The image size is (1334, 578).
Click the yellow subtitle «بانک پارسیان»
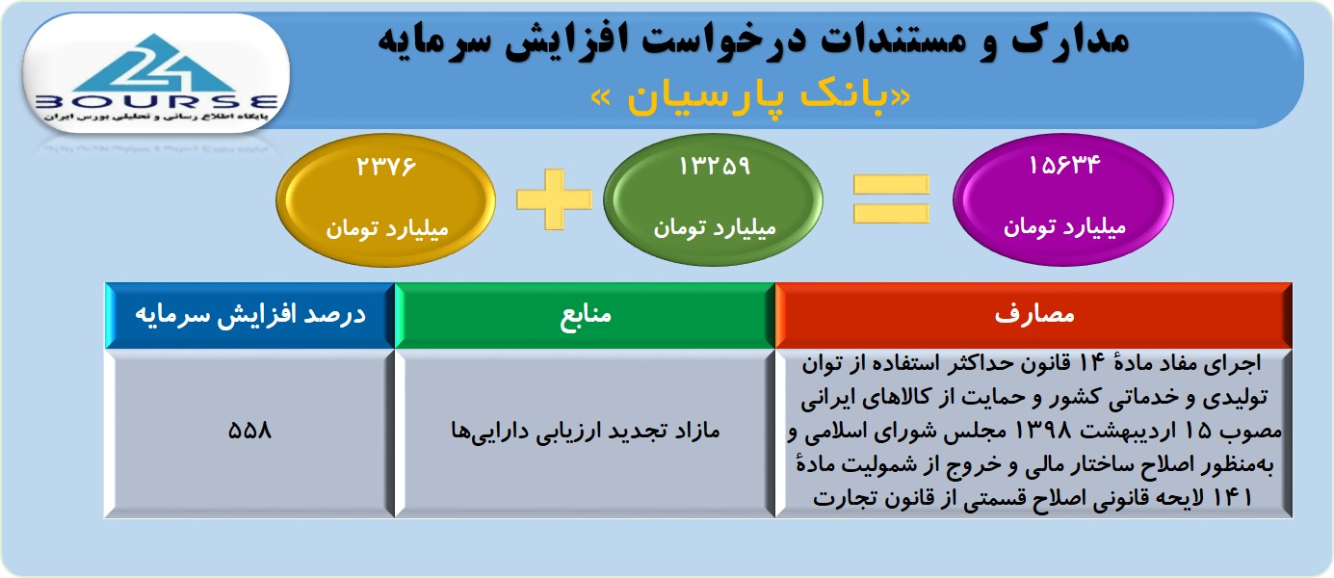point(750,97)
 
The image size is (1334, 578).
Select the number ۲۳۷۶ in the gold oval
point(386,166)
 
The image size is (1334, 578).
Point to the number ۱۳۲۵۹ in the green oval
point(714,166)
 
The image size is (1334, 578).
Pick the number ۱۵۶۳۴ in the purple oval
point(1064,165)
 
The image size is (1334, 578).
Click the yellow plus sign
point(554,199)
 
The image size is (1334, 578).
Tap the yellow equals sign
point(891,199)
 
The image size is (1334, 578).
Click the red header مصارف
point(1033,314)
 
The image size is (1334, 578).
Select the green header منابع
point(586,314)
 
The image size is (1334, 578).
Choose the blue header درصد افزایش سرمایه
point(250,314)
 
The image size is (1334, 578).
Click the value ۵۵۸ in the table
point(249,430)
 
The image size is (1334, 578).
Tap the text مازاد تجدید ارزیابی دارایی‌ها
point(586,431)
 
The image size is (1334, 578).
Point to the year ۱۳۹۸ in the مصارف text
point(1041,430)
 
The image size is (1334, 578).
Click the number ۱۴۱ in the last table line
point(1232,497)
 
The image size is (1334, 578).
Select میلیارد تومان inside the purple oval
point(1064,227)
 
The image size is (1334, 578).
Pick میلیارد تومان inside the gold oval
point(386,229)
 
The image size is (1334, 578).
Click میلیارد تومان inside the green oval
point(715,227)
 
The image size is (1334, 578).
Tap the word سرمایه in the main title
point(435,40)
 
